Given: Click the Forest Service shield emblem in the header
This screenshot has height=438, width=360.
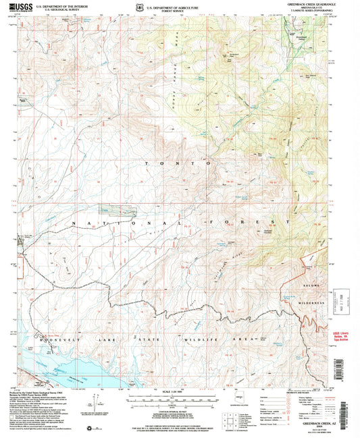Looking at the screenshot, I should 139,8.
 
